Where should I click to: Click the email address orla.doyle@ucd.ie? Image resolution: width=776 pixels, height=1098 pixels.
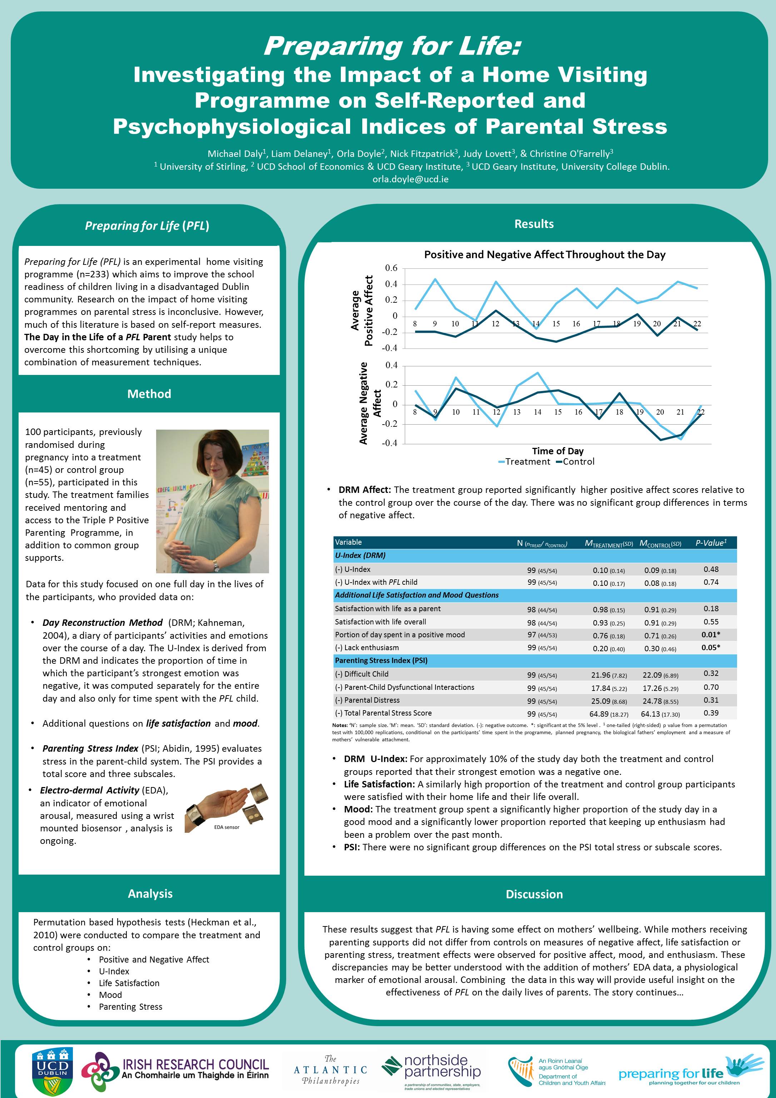click(410, 179)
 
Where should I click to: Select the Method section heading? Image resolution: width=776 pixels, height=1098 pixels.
click(149, 394)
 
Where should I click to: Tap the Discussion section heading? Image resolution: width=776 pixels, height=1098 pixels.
click(534, 894)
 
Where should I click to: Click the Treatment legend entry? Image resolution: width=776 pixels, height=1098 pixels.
click(524, 461)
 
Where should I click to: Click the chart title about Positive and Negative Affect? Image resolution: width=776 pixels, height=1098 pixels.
click(544, 254)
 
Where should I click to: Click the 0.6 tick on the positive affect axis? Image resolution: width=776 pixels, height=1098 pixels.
click(391, 268)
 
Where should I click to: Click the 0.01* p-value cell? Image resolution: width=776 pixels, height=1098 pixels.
click(711, 634)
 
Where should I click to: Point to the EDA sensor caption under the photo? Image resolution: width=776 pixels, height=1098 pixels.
click(227, 827)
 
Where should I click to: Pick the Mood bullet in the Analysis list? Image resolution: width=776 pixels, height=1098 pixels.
click(110, 995)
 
